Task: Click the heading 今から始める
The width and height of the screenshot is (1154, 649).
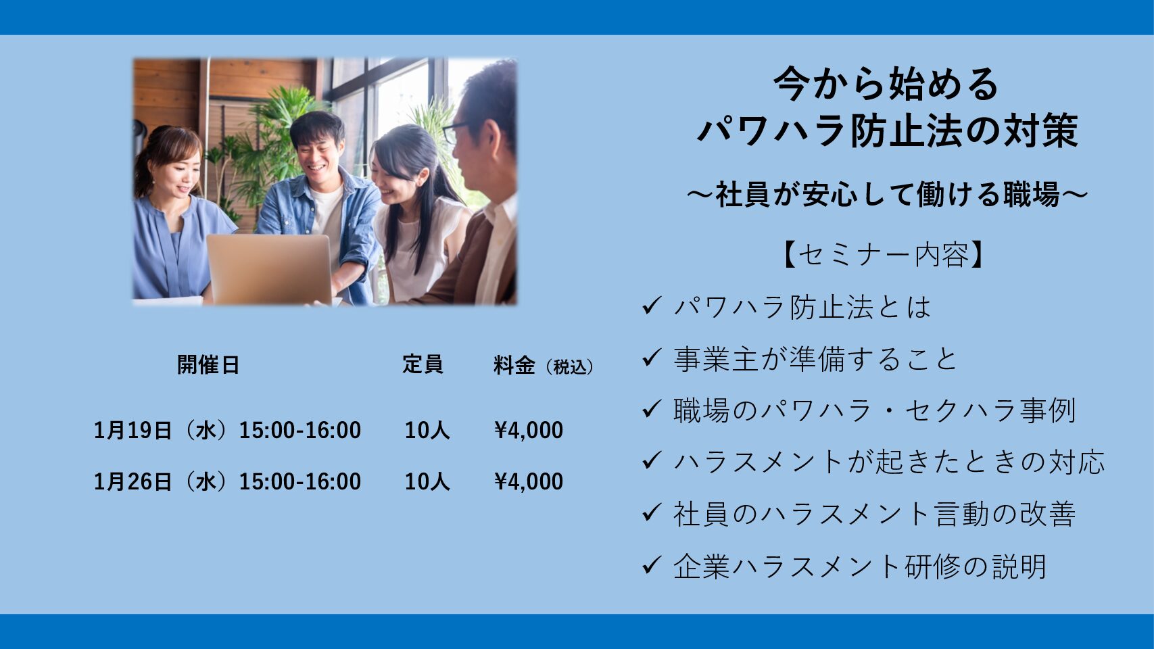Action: point(886,84)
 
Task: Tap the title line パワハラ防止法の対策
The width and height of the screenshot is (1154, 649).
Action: point(887,130)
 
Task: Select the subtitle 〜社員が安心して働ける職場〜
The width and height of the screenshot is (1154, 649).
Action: point(887,195)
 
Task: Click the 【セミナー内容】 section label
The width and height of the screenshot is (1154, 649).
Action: point(884,254)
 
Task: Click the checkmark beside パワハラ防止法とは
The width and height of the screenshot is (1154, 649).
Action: point(652,306)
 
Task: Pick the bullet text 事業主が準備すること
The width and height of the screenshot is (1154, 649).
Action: point(815,359)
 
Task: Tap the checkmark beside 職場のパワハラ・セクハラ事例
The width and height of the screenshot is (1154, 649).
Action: point(652,409)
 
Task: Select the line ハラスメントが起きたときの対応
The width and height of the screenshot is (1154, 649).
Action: point(889,462)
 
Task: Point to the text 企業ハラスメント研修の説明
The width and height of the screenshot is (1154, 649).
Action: point(861,566)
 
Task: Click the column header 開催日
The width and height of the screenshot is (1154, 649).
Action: point(208,364)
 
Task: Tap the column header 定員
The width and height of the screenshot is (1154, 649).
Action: point(423,364)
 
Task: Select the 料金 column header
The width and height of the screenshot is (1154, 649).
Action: point(514,364)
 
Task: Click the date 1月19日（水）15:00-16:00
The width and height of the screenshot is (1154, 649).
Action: point(227,430)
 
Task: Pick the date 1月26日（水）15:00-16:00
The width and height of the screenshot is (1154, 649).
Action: point(227,481)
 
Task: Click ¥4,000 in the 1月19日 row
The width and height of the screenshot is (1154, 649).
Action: point(529,430)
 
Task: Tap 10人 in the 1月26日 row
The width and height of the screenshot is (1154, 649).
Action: point(427,481)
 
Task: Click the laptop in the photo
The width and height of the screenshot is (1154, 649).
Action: point(270,270)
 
